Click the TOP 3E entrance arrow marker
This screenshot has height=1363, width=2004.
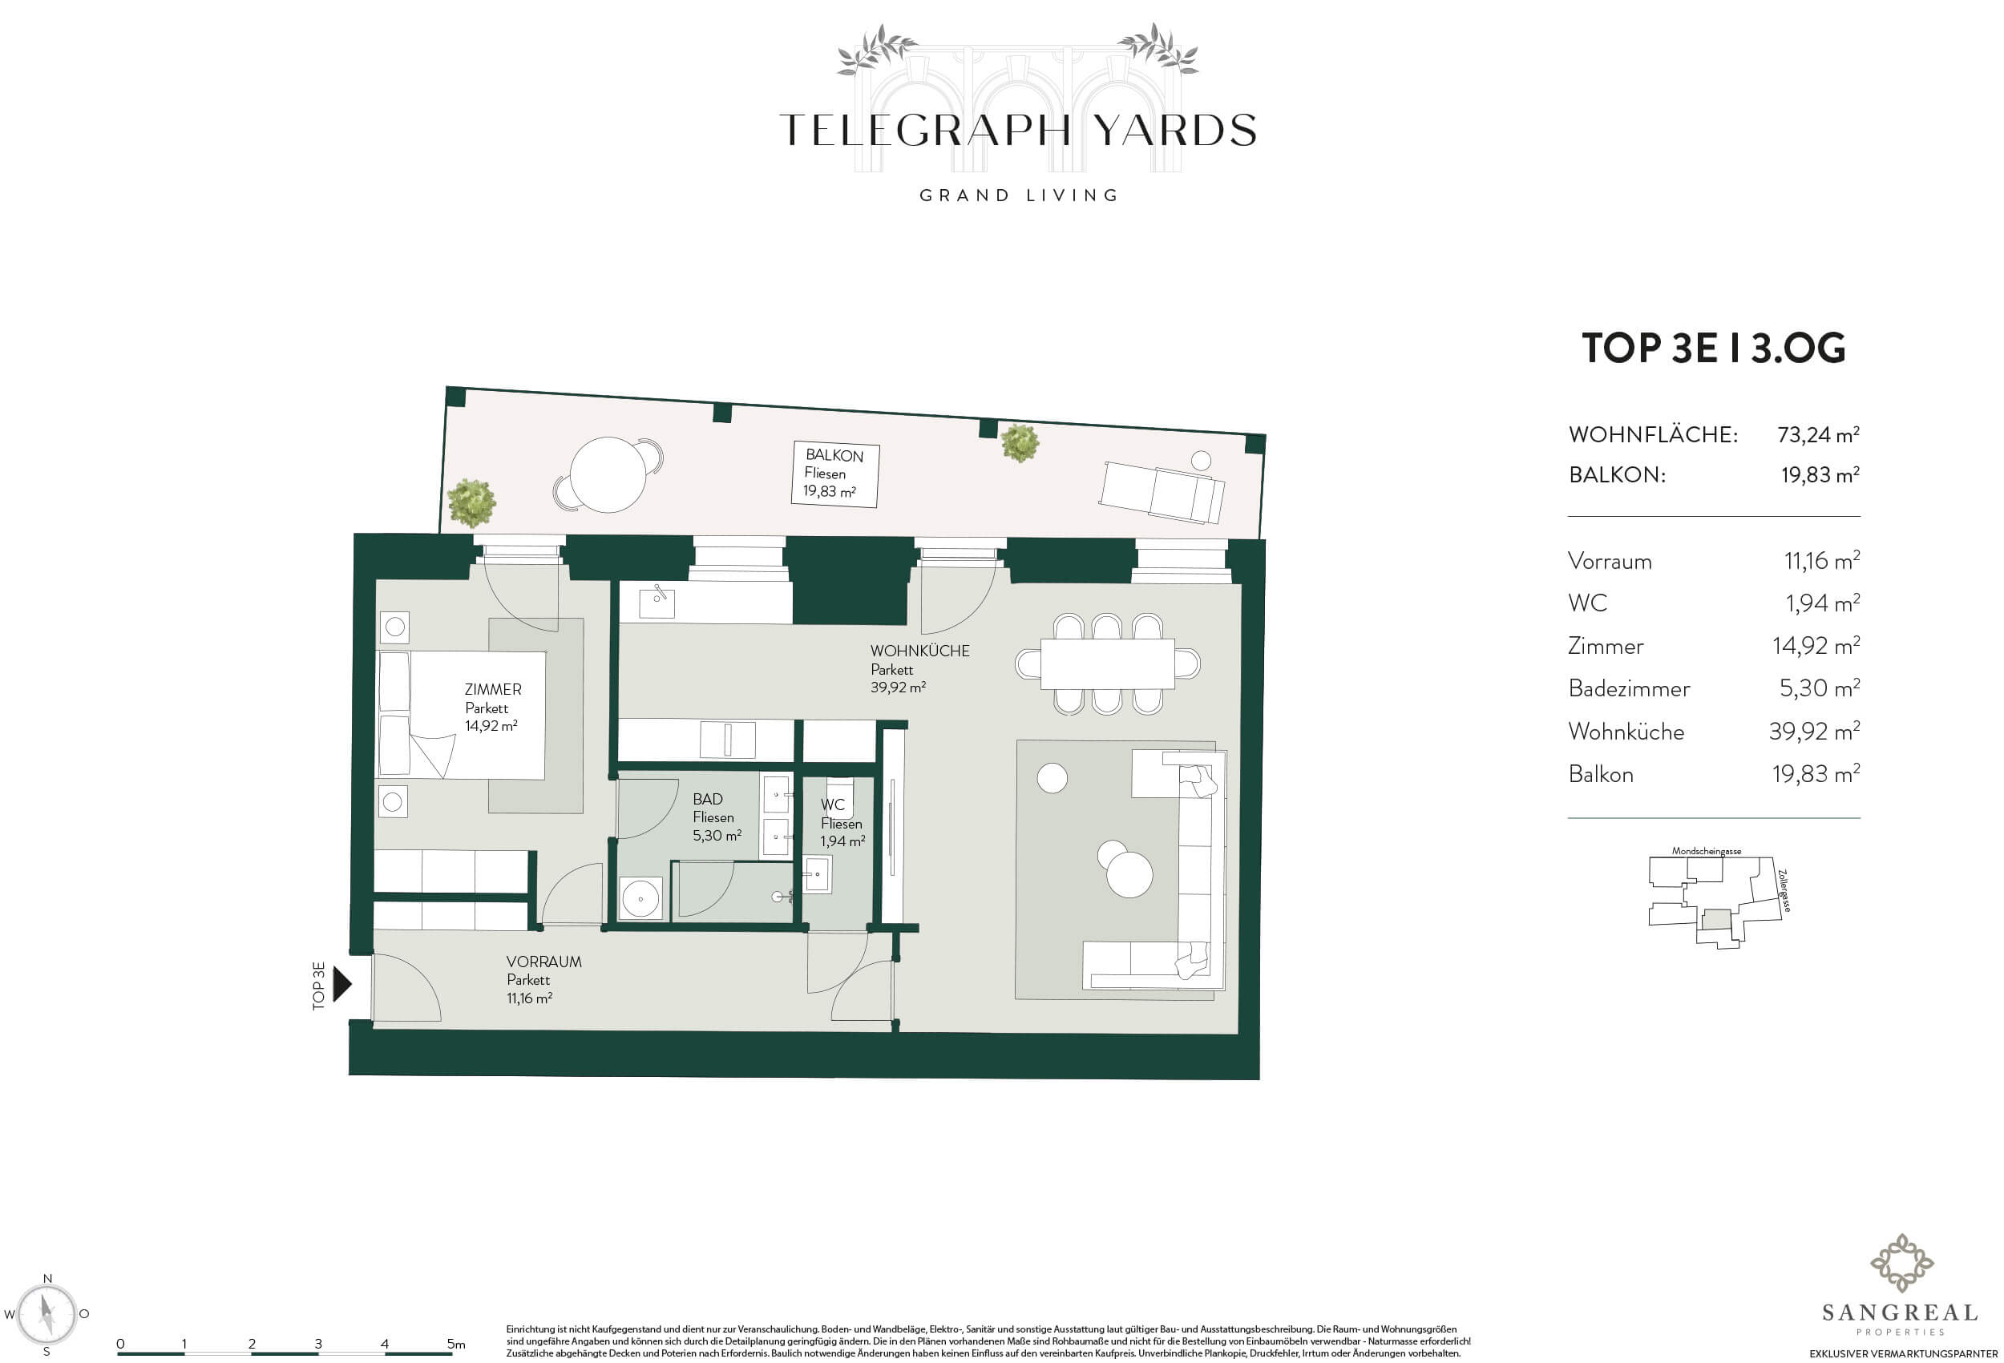point(342,984)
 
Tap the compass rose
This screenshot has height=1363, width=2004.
point(47,1315)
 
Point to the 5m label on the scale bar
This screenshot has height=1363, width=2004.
point(456,1343)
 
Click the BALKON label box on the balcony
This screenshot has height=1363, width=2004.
point(834,474)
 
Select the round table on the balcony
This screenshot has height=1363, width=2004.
point(608,475)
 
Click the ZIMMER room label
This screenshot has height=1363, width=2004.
point(492,689)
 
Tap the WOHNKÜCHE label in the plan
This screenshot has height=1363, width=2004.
point(919,651)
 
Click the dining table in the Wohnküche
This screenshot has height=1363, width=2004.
point(1107,663)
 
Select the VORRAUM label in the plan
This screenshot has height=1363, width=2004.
point(543,962)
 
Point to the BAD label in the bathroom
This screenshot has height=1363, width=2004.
point(707,799)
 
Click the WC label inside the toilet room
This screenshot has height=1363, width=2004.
point(832,804)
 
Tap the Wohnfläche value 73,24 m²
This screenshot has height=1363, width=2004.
point(1818,433)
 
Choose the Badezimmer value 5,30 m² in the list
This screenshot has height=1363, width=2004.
point(1820,688)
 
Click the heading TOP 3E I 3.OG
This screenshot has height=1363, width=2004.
point(1713,348)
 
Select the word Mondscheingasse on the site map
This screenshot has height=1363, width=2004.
point(1706,851)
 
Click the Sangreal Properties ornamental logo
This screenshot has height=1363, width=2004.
point(1901,1264)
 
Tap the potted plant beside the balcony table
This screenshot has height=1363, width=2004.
point(471,502)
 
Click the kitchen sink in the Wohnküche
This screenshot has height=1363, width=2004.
point(657,602)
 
